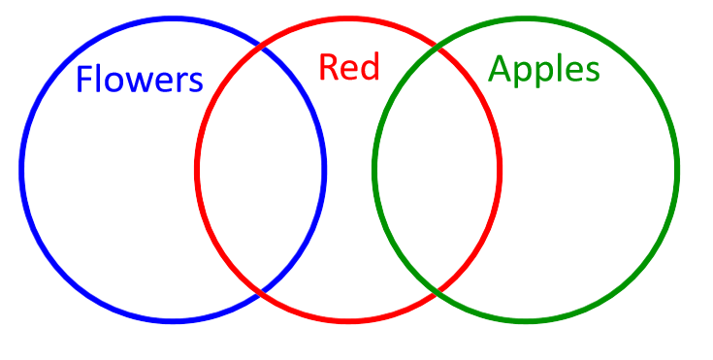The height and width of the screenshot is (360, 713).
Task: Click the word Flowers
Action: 139,79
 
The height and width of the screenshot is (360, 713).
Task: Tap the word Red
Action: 349,67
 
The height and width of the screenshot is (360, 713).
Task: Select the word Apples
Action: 544,69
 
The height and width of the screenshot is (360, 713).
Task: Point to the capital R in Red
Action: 328,68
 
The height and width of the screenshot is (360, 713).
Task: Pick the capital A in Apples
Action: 500,68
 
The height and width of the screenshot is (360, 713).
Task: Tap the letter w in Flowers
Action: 145,82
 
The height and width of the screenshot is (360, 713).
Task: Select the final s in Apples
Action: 593,72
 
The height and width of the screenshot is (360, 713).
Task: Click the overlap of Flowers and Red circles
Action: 261,169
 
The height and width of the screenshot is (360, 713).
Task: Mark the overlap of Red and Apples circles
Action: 438,169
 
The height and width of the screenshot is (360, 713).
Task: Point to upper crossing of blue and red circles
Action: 261,46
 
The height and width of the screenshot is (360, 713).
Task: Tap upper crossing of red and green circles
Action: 438,46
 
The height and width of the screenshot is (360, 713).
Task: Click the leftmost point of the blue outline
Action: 21,169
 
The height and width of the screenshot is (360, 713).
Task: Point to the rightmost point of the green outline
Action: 677,169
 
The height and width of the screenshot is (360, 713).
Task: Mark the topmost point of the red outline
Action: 348,18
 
